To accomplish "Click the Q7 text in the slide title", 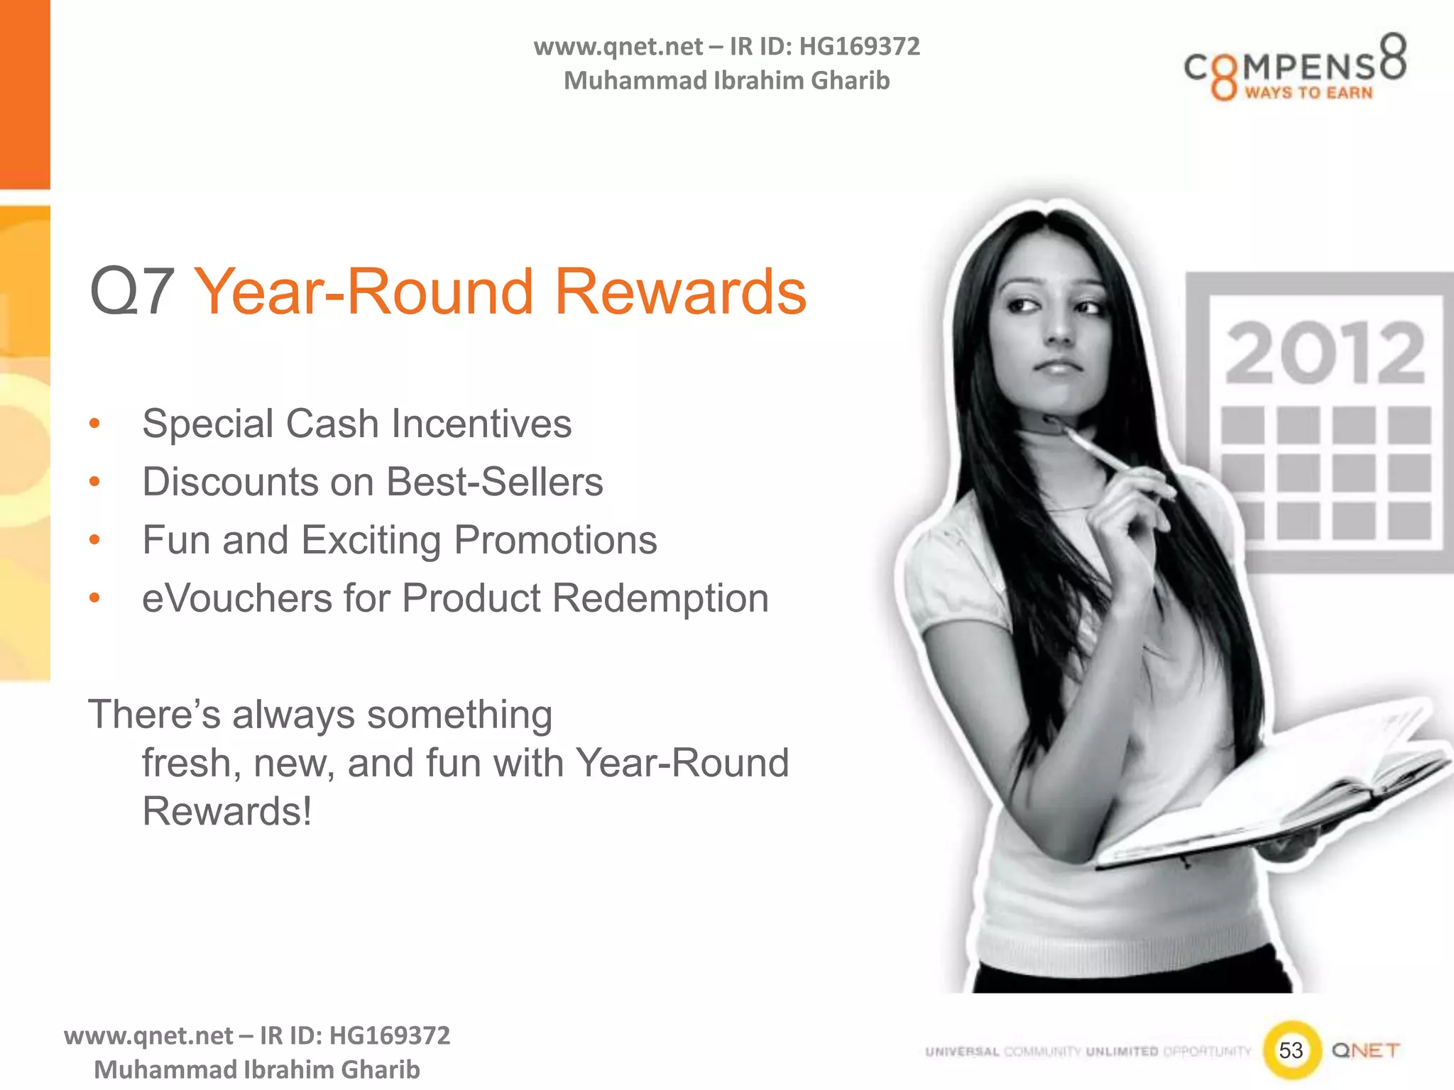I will [x=132, y=292].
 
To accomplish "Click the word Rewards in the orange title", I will [x=679, y=292].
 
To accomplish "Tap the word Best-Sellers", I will [x=495, y=483].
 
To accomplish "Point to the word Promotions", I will [x=555, y=541].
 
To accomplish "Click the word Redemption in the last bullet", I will [x=660, y=598].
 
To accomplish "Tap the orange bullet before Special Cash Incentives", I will [x=94, y=424].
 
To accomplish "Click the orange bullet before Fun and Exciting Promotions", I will [x=94, y=541].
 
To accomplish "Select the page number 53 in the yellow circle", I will [x=1291, y=1050].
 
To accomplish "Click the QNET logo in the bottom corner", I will [x=1365, y=1050].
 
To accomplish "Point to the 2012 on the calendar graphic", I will [x=1325, y=353].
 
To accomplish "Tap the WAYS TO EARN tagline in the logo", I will [x=1308, y=93].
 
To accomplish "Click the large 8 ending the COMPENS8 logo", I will [x=1392, y=57].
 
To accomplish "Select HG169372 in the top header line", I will [x=859, y=47].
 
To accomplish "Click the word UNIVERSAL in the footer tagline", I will [x=962, y=1052].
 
